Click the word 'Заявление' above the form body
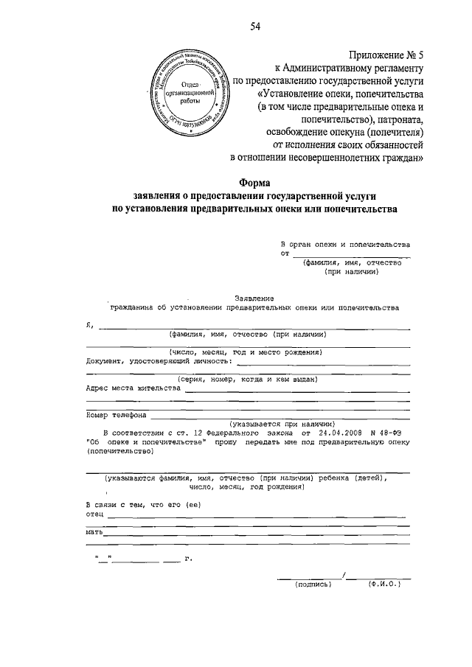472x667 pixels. coord(254,297)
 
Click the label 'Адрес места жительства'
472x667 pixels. coord(133,387)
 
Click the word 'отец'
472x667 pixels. coord(94,513)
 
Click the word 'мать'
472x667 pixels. coord(94,531)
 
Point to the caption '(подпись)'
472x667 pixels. coord(313,584)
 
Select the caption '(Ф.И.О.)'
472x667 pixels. coord(383,584)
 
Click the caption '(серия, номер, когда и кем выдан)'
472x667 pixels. coord(242,379)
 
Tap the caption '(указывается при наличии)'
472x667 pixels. coord(282,425)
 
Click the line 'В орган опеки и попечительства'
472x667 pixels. coord(345,243)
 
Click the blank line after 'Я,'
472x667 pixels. coord(251,327)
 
